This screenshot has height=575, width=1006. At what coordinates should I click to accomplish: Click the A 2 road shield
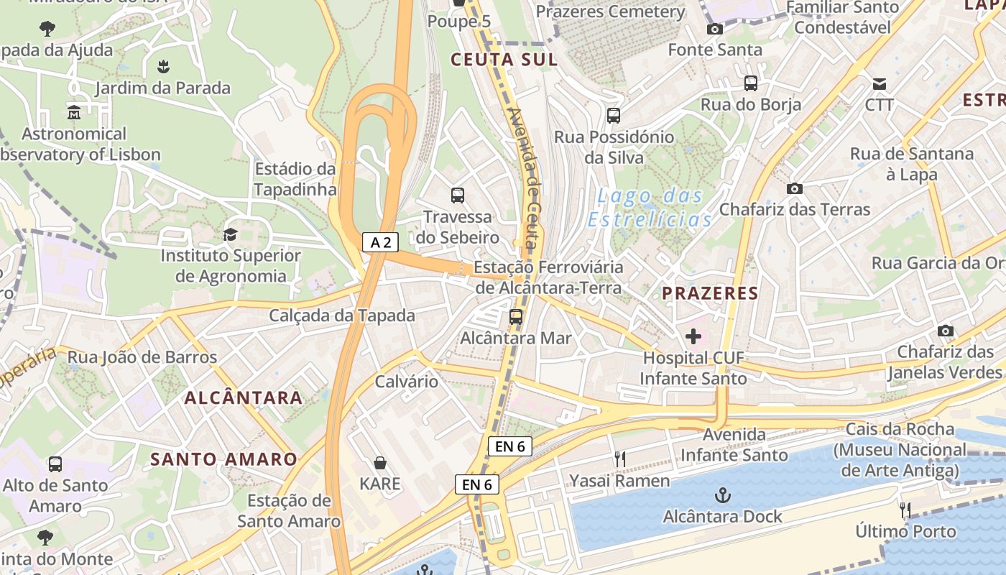tap(380, 242)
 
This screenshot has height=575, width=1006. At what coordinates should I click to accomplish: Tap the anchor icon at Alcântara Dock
tap(723, 495)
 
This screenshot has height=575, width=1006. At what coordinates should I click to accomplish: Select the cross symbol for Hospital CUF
tap(693, 336)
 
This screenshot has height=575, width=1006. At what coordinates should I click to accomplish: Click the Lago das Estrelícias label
tap(650, 207)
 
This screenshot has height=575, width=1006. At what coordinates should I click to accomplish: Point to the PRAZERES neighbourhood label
tap(710, 293)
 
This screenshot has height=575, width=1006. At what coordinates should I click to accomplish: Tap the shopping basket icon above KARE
tap(380, 463)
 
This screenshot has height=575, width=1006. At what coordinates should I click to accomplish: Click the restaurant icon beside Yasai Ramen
tap(619, 459)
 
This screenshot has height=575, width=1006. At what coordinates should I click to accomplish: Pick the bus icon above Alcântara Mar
tap(515, 316)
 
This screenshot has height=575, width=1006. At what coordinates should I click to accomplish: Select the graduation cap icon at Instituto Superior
tap(230, 234)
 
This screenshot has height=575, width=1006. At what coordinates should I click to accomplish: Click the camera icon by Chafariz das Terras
tap(794, 188)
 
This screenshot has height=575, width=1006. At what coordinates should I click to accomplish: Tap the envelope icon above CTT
tap(879, 83)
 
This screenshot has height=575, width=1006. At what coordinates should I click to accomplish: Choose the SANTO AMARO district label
tap(223, 459)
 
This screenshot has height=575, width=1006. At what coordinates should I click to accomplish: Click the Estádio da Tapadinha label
tap(295, 179)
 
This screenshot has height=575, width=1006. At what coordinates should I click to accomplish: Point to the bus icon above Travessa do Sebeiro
tap(457, 195)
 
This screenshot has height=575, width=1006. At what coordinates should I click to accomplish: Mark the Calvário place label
tap(407, 381)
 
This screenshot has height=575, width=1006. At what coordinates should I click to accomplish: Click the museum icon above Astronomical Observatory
tap(74, 113)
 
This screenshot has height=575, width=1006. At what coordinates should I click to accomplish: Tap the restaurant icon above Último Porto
tap(905, 510)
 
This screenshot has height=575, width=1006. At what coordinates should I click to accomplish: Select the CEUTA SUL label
tap(504, 60)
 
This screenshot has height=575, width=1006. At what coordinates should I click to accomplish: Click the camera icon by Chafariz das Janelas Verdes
tap(945, 331)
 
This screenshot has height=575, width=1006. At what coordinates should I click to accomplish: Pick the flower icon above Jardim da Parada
tap(163, 67)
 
